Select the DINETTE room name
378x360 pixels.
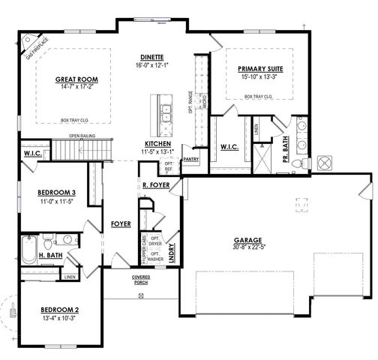[x=152, y=57]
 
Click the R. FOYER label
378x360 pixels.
[x=155, y=184]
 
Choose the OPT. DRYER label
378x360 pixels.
[x=154, y=243]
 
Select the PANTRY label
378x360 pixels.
[x=190, y=159]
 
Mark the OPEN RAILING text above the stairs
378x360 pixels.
[x=85, y=136]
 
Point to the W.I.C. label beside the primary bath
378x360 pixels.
[x=229, y=146]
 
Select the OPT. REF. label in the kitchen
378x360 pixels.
[x=169, y=166]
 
